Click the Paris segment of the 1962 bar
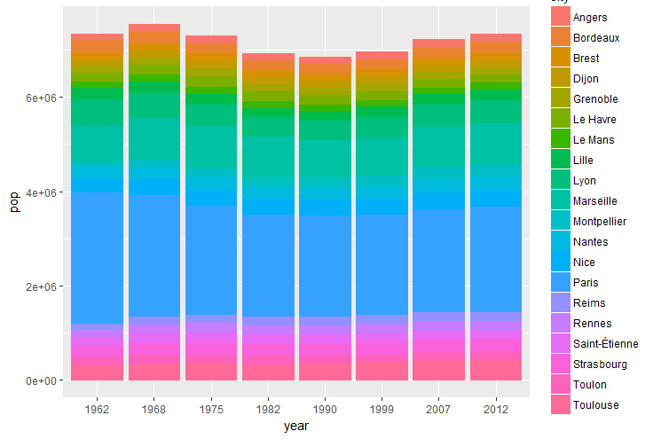[x=97, y=258]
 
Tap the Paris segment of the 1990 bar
[x=325, y=265]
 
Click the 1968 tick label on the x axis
[x=154, y=411]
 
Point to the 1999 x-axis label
[x=382, y=411]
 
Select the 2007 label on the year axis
[x=438, y=411]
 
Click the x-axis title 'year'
[x=296, y=427]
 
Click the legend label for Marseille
[x=595, y=201]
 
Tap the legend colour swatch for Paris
[x=561, y=283]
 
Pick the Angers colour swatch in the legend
[x=561, y=18]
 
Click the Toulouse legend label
[x=596, y=405]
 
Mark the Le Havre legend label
[x=594, y=120]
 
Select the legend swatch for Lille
[x=561, y=161]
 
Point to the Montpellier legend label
[x=600, y=222]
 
